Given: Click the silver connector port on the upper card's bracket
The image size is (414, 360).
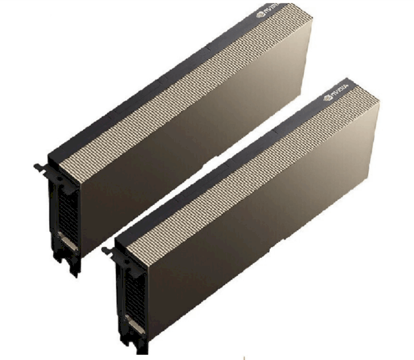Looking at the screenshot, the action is click(x=68, y=241).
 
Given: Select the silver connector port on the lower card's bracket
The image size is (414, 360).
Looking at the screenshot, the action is click(x=135, y=324).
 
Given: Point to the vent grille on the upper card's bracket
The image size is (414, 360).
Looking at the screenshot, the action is click(x=69, y=214).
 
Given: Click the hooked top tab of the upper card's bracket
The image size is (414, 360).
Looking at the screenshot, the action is click(x=40, y=167).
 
